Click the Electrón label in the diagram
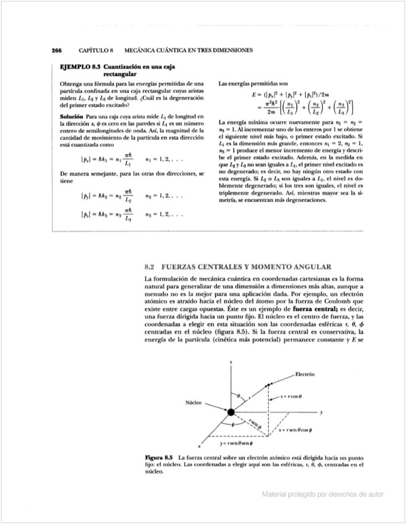coord(305,374)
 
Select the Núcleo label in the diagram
coord(193,402)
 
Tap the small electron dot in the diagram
coord(268,384)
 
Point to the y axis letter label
coord(321,412)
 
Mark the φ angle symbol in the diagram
coord(232,426)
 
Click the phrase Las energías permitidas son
coord(249,84)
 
